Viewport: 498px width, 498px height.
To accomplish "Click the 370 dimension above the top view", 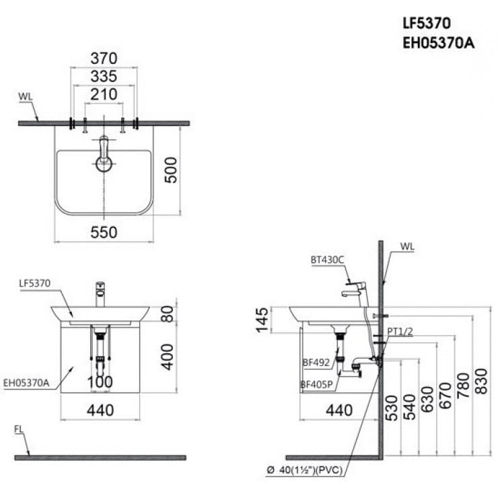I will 104,59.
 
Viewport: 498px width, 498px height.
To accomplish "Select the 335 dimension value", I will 104,77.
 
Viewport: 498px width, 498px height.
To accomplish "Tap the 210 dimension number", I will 104,94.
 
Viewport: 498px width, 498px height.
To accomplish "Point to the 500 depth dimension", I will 172,170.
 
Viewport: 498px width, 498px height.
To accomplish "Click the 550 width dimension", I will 104,232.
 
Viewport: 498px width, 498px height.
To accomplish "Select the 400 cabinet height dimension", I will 167,356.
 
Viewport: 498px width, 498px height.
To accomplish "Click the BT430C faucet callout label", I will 327,259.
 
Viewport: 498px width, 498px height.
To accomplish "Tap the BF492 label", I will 316,363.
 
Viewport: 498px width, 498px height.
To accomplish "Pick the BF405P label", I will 316,385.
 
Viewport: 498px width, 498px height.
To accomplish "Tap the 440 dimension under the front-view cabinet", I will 100,409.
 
